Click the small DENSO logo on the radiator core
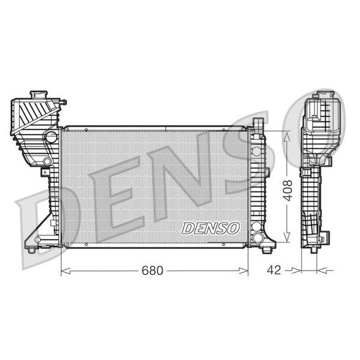(211, 229)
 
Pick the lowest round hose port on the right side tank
(259, 230)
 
